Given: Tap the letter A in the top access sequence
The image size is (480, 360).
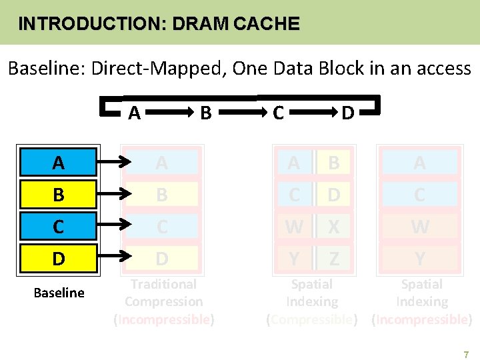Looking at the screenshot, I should [x=134, y=113].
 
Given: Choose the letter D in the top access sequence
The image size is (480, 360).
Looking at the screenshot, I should [x=347, y=113].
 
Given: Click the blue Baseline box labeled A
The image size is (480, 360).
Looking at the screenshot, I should [x=59, y=163].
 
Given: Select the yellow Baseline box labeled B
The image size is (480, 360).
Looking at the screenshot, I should [x=59, y=195].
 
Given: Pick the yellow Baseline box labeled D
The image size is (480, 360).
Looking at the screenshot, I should [x=59, y=259].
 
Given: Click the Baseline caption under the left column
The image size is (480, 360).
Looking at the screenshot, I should [x=59, y=293].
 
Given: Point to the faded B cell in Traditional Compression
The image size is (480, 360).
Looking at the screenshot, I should [x=162, y=195].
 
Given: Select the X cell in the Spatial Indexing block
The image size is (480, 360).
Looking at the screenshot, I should [x=333, y=227].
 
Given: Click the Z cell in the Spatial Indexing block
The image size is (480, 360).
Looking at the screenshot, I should [x=333, y=259].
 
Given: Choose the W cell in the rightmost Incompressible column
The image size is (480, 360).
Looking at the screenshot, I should [x=419, y=227].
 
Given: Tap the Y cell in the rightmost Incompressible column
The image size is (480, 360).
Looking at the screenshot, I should [x=419, y=259].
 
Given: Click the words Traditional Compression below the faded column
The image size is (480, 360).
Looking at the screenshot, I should [x=163, y=293].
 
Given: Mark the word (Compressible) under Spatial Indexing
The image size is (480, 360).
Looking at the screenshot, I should [x=311, y=319].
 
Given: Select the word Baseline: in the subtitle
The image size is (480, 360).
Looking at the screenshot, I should [x=47, y=68].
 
